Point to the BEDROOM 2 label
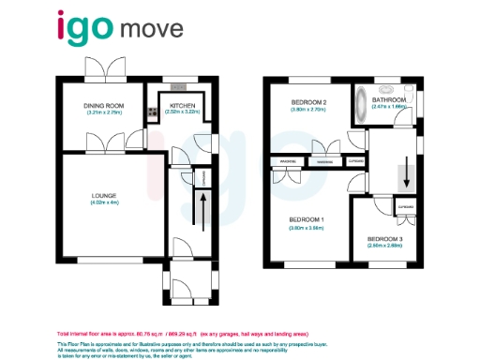click(308, 102)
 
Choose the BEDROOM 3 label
click(384, 238)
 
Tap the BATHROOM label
click(389, 98)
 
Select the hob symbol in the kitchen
click(152, 113)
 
